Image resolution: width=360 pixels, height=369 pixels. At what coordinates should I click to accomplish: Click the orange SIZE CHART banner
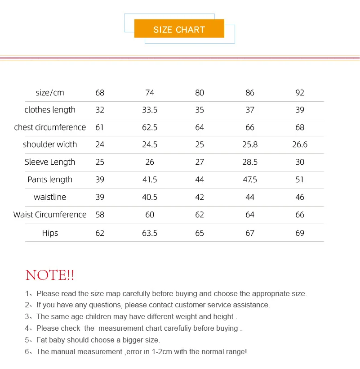(x=179, y=30)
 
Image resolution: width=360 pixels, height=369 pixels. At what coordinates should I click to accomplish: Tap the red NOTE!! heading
(x=50, y=275)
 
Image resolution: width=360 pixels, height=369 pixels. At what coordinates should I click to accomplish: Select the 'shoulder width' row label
(x=50, y=144)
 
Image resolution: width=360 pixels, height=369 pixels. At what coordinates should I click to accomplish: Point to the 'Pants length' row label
(x=50, y=180)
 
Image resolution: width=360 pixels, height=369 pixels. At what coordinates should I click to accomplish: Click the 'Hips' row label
(x=50, y=233)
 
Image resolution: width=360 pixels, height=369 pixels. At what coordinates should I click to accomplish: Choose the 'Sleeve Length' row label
(x=50, y=162)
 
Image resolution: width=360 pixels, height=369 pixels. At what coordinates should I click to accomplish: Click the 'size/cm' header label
(x=50, y=93)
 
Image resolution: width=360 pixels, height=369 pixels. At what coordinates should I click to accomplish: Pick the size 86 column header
(x=250, y=93)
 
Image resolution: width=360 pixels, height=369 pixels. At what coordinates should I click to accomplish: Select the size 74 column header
(x=150, y=93)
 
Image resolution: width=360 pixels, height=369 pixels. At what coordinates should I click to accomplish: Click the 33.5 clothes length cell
(x=150, y=110)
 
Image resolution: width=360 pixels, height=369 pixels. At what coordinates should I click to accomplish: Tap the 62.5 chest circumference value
(x=150, y=127)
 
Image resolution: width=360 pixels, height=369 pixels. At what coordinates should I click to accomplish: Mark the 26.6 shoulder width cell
(x=300, y=144)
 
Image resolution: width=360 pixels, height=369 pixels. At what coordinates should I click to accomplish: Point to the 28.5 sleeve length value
(x=250, y=162)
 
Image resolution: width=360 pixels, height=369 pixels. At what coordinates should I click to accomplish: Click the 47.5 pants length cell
(x=250, y=180)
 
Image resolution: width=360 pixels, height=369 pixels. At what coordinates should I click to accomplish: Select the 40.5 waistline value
(x=150, y=197)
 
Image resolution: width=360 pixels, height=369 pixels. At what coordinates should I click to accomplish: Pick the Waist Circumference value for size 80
(x=200, y=215)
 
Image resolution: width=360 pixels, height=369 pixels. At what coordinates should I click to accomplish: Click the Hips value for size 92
(x=300, y=233)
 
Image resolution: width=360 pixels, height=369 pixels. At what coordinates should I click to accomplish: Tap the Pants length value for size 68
(x=100, y=180)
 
